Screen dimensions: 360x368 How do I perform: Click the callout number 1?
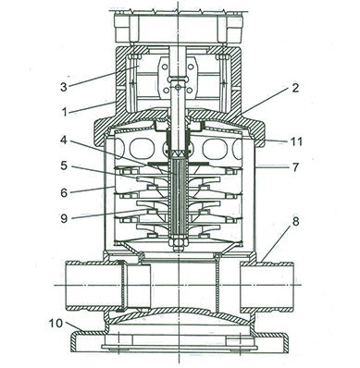click(x=65, y=112)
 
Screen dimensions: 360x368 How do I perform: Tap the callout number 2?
click(x=295, y=88)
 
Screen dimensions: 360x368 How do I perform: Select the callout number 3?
click(x=64, y=87)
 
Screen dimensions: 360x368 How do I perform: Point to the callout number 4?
click(x=64, y=141)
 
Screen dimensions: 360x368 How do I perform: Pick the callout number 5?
click(x=64, y=166)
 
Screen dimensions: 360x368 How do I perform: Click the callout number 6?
click(x=64, y=193)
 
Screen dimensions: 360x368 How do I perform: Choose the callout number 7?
click(x=295, y=167)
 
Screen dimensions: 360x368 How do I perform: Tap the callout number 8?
click(x=295, y=221)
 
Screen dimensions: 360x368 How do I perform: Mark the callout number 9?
click(x=64, y=218)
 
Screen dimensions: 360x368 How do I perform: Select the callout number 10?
click(x=56, y=324)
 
